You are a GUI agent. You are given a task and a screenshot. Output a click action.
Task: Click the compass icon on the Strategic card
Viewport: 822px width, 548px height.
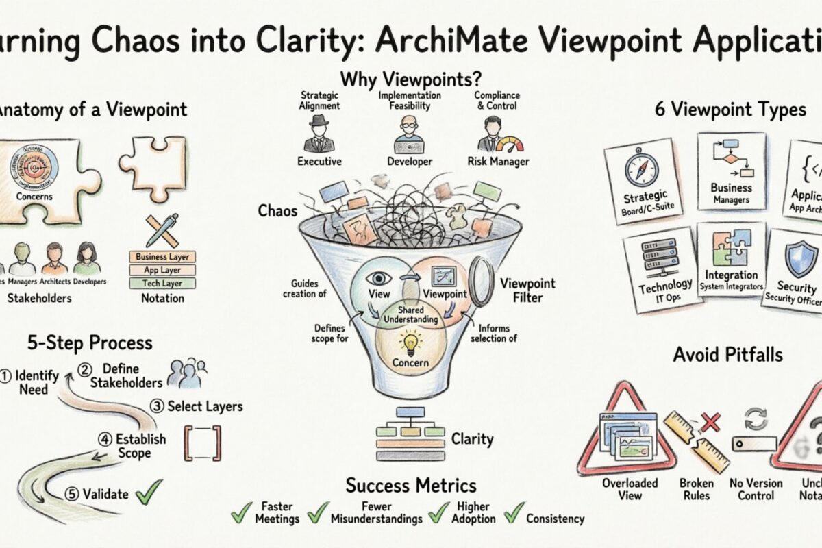coord(641,169)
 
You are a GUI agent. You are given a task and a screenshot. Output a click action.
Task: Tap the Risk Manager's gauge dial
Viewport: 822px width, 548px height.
coord(508,145)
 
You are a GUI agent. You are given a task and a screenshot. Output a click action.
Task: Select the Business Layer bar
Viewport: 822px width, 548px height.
coord(162,257)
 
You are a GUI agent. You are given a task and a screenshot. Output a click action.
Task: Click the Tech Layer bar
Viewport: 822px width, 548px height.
coord(162,283)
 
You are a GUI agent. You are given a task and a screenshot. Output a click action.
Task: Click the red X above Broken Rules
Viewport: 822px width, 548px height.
coord(710,422)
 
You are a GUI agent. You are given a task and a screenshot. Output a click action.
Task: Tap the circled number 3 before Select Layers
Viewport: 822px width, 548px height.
coord(157,406)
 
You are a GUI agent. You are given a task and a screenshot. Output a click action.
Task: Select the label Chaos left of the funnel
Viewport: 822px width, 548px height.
coord(277,210)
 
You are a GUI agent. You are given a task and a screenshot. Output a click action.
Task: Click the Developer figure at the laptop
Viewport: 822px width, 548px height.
coord(408,135)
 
